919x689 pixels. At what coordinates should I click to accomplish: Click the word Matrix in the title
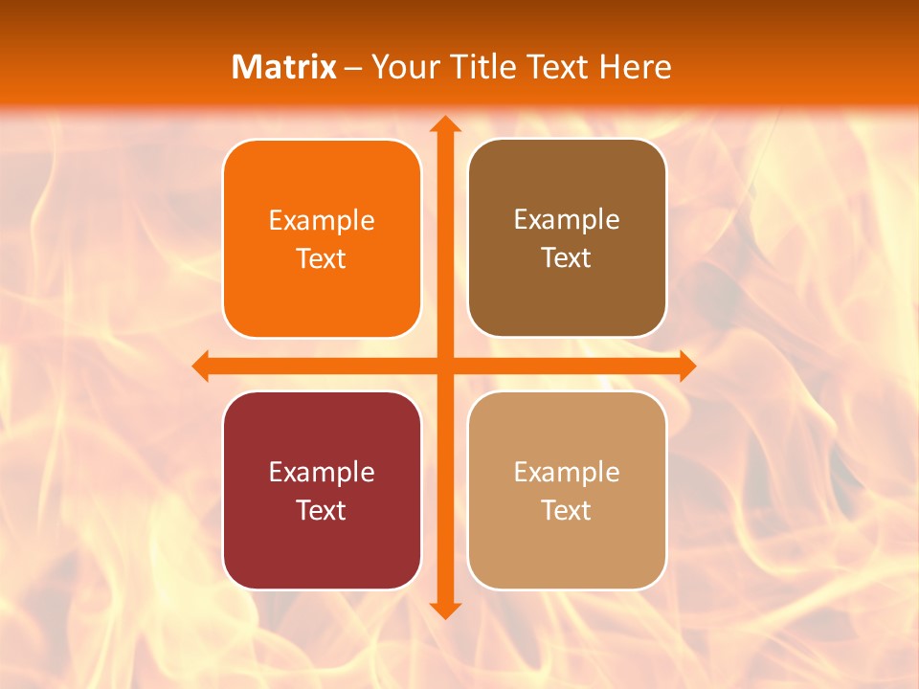click(x=284, y=67)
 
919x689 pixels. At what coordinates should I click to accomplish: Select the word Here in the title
click(x=636, y=67)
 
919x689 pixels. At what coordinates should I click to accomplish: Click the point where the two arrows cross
click(x=444, y=366)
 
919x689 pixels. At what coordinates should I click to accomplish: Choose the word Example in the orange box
click(x=322, y=221)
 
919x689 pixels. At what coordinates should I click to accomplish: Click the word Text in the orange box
click(x=322, y=258)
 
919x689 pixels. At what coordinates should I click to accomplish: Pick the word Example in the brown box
click(x=567, y=220)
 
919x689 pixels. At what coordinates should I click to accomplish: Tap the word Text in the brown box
click(x=567, y=257)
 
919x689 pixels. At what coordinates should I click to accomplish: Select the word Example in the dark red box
click(x=322, y=473)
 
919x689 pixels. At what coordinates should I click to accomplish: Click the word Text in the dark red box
click(x=322, y=510)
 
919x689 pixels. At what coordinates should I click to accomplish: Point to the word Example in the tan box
click(x=567, y=473)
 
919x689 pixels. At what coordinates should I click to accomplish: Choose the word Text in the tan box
click(x=567, y=510)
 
